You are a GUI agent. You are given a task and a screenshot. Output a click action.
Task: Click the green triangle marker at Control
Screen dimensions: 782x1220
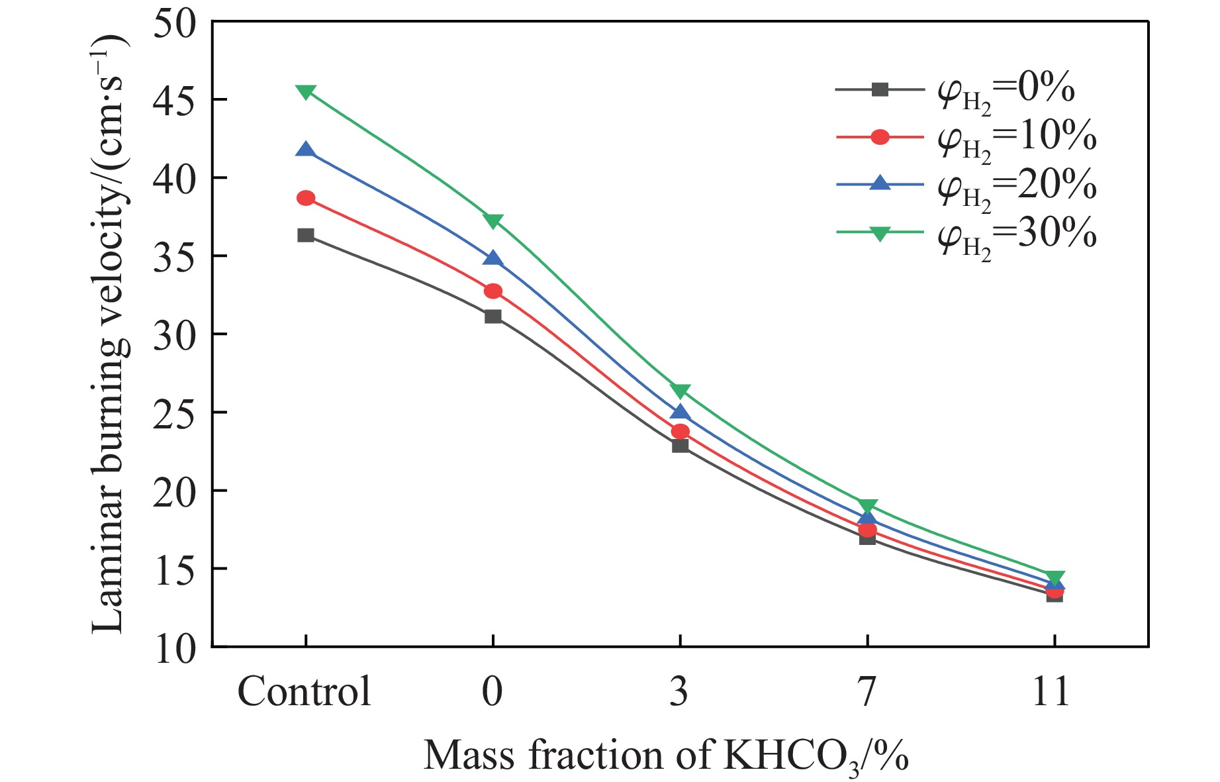coord(305,91)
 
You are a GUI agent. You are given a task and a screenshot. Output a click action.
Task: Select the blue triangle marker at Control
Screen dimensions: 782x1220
coord(305,150)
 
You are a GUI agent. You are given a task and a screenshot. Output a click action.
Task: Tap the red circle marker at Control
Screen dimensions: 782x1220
coord(306,198)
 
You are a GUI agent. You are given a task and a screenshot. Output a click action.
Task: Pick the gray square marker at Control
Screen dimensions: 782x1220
coord(306,235)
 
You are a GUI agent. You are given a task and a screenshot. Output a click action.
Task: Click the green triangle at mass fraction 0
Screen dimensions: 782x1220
coord(493,220)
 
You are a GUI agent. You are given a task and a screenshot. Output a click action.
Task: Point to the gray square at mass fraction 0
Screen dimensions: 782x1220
coord(493,317)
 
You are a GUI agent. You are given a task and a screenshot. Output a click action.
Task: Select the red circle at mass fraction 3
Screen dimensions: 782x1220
coord(680,432)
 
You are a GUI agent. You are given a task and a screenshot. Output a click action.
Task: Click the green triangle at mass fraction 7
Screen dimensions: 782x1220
coord(867,507)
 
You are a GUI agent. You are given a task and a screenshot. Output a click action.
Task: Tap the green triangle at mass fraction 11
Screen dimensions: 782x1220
coord(1055,577)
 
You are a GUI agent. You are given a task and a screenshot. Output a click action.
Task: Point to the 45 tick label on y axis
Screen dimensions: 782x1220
coord(174,100)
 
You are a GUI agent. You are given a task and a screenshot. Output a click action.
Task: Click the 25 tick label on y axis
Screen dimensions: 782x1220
coord(174,413)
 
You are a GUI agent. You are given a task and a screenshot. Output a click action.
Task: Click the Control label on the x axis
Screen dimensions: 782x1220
coord(304,692)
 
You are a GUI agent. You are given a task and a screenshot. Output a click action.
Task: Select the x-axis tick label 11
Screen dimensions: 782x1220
coord(1051,692)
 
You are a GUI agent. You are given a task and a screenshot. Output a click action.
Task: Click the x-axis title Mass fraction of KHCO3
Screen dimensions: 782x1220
coord(665,756)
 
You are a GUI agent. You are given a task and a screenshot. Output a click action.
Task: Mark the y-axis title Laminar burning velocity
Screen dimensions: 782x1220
coord(107,334)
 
